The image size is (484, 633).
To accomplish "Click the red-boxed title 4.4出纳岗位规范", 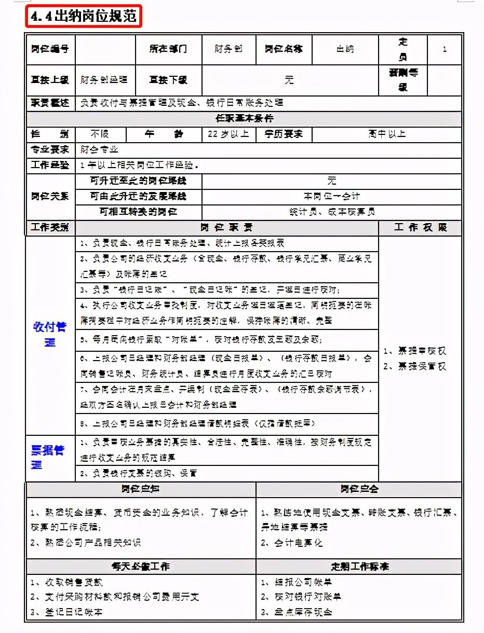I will (83, 17).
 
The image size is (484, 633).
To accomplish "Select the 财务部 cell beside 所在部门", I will (228, 49).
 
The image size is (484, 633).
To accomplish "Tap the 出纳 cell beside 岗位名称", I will (345, 49).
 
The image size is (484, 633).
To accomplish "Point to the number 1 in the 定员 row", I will (445, 49).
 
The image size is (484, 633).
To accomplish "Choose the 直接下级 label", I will (168, 80).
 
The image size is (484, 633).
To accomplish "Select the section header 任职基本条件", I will (244, 118).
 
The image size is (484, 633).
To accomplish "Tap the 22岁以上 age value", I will (228, 134).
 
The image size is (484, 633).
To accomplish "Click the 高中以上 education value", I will (387, 134).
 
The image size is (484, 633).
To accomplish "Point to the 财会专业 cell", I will (100, 150).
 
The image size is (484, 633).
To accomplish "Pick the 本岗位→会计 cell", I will (331, 197).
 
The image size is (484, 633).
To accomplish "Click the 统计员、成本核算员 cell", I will (331, 212).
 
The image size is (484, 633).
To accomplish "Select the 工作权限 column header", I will (420, 228).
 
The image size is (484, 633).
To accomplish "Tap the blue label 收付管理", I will (50, 335).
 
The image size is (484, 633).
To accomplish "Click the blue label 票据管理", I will (48, 457).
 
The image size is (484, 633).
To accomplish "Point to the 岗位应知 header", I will (140, 489).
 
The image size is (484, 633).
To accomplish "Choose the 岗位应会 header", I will (359, 489).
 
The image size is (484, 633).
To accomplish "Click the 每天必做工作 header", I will (140, 566).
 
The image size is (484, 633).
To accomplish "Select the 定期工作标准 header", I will (359, 566).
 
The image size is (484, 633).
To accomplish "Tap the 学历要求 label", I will (284, 134).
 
